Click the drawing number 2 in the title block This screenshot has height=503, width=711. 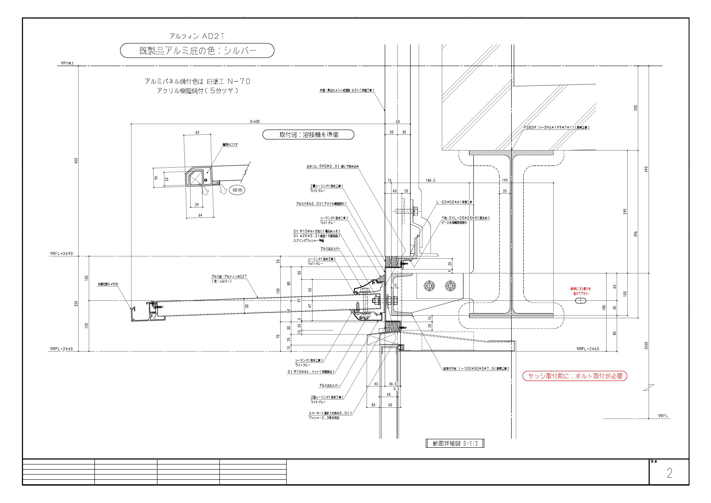(x=669, y=474)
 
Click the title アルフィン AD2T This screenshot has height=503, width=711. (x=197, y=36)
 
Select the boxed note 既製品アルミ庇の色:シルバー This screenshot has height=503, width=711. (x=197, y=51)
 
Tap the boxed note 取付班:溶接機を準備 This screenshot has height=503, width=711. (x=308, y=135)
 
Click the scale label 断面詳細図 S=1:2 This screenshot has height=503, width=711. (x=455, y=444)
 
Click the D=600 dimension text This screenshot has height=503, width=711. (x=255, y=121)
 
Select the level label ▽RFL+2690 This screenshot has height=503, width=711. (x=61, y=254)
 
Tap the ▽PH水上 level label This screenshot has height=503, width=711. (x=67, y=63)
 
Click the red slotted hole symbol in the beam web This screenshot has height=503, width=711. (x=581, y=301)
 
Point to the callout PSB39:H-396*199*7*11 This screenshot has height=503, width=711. (x=556, y=127)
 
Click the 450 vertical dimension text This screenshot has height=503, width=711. (x=76, y=161)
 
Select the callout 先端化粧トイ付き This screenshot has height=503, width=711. (x=108, y=284)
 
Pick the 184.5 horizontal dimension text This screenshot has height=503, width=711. (x=430, y=180)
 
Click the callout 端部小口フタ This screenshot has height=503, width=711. (x=230, y=145)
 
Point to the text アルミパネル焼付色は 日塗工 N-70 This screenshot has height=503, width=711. (x=197, y=82)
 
